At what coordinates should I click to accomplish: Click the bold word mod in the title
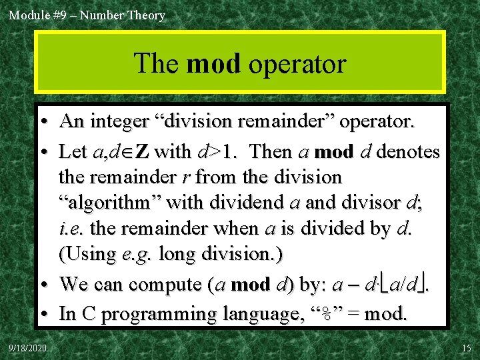(213, 64)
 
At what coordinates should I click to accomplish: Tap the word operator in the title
(297, 64)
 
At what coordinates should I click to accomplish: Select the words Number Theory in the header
(123, 15)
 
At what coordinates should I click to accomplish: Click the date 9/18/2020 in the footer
(28, 348)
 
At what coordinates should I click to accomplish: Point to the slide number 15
(465, 348)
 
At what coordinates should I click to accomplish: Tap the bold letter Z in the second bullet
(142, 152)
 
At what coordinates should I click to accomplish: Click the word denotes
(408, 152)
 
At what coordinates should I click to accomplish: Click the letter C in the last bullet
(88, 314)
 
